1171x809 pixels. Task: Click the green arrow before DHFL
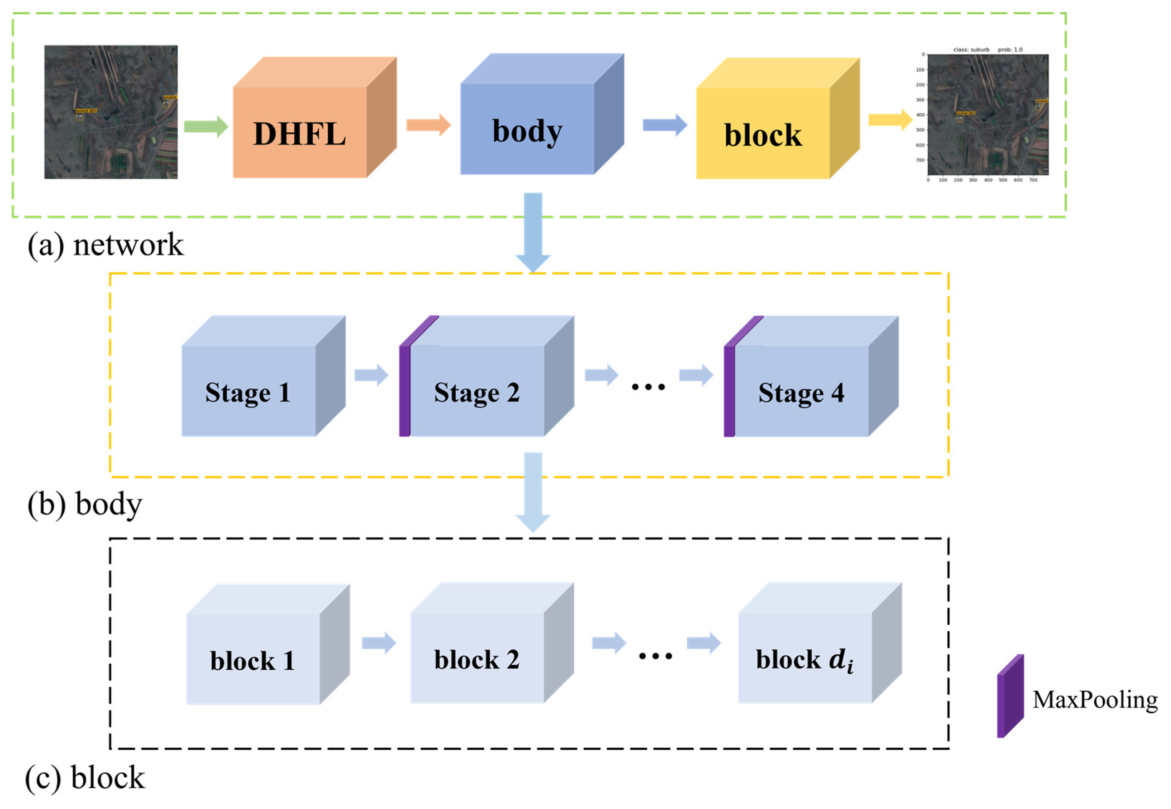[205, 126]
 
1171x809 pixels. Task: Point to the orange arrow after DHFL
[428, 125]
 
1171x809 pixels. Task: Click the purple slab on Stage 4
[729, 390]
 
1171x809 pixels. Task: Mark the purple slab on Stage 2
[404, 390]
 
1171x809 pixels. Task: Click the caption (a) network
[105, 245]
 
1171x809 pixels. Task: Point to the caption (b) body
[85, 504]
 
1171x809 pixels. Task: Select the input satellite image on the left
[111, 112]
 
